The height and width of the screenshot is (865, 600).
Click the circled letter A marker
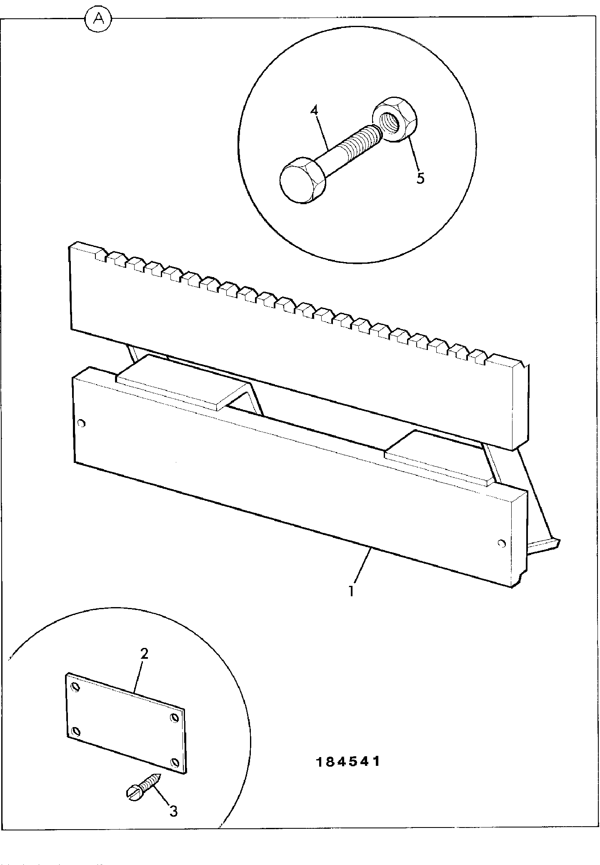pyautogui.click(x=98, y=18)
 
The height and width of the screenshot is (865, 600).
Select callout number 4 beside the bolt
pyautogui.click(x=314, y=110)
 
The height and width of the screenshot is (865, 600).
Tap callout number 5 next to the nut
pyautogui.click(x=420, y=178)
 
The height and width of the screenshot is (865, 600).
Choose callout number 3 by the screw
pyautogui.click(x=173, y=811)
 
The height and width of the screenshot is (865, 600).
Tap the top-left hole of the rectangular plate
pyautogui.click(x=75, y=687)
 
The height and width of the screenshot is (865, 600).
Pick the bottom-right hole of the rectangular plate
pyautogui.click(x=175, y=763)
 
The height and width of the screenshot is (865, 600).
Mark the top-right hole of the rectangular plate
pyautogui.click(x=175, y=717)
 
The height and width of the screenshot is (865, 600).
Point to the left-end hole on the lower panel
pyautogui.click(x=81, y=424)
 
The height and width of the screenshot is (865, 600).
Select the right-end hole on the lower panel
pyautogui.click(x=502, y=543)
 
